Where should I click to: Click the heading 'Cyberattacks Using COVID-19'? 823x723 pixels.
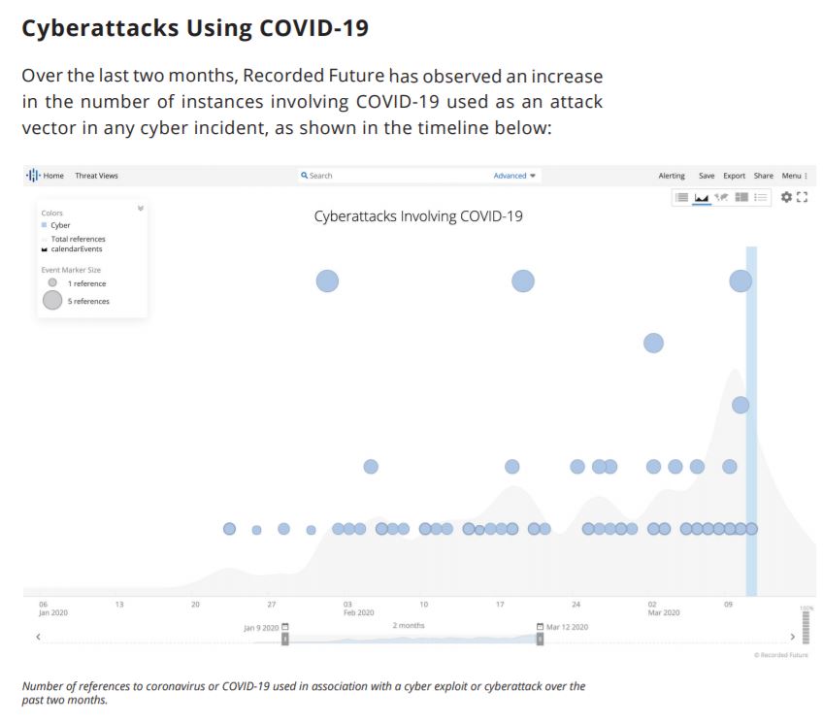pos(195,28)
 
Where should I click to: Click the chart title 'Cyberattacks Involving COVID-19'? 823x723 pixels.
pos(418,216)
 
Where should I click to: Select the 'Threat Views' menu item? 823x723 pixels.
pos(96,176)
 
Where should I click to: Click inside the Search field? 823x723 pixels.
pos(388,176)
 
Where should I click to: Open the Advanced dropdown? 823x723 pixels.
pos(514,176)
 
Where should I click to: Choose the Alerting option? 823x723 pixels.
pos(672,176)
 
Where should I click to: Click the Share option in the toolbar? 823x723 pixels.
pos(763,176)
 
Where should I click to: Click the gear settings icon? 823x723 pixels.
pos(786,197)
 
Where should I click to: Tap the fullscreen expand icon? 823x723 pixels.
pos(802,197)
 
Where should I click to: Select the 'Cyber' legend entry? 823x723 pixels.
pos(60,225)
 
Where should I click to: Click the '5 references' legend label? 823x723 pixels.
pos(88,302)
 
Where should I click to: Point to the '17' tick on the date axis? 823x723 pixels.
pos(500,605)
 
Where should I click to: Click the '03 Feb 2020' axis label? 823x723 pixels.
pos(357,608)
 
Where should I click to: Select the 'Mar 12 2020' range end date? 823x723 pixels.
pos(567,627)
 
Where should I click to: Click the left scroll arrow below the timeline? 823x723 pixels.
pos(38,638)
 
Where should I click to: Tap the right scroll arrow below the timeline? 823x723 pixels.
pos(793,638)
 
